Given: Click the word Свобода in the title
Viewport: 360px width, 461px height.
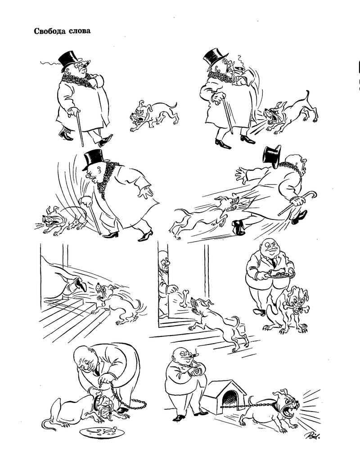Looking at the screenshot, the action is [49, 31].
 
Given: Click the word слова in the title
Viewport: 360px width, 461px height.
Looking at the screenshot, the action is [79, 31].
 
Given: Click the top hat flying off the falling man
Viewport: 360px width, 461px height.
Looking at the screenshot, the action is [272, 154].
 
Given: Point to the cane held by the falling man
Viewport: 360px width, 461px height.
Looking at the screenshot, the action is [297, 203].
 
